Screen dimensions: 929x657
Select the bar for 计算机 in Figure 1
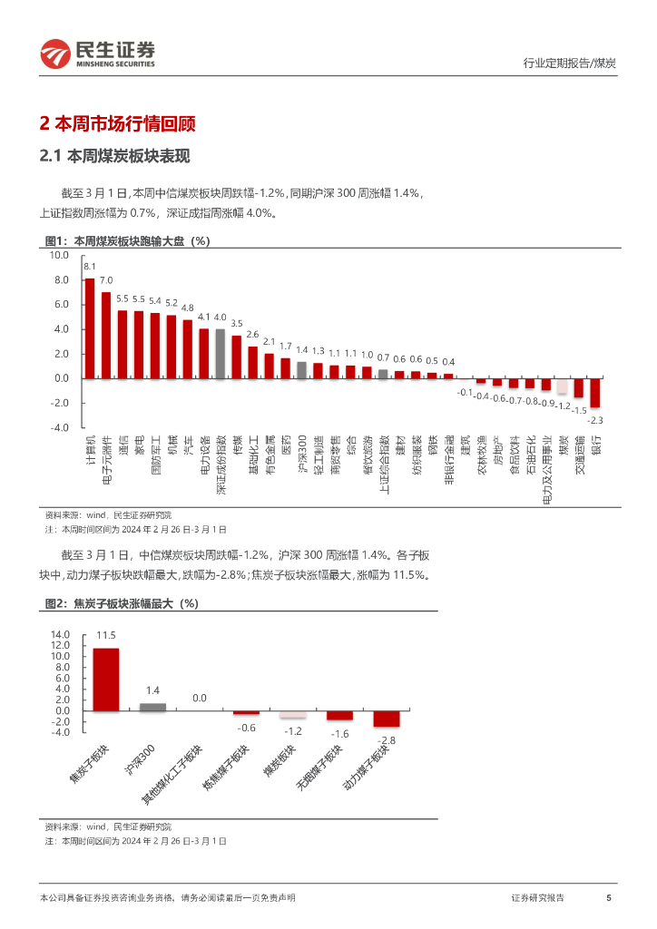89,328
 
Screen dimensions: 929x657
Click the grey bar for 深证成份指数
220,353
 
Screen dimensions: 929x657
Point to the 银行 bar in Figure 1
595,393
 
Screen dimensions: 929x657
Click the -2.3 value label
595,420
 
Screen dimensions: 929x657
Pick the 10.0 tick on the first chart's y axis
60,256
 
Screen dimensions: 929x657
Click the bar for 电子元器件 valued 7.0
105,335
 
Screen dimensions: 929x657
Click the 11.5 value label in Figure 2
105,636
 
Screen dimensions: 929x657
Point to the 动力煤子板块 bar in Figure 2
387,719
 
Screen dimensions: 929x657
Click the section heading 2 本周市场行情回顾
118,123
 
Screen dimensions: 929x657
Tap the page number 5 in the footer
608,897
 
